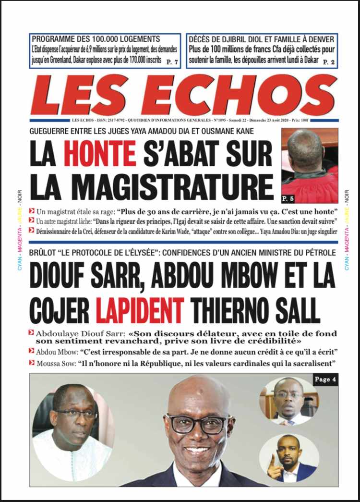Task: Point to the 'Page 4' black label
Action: pos(325,380)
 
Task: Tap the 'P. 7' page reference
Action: pos(172,62)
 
